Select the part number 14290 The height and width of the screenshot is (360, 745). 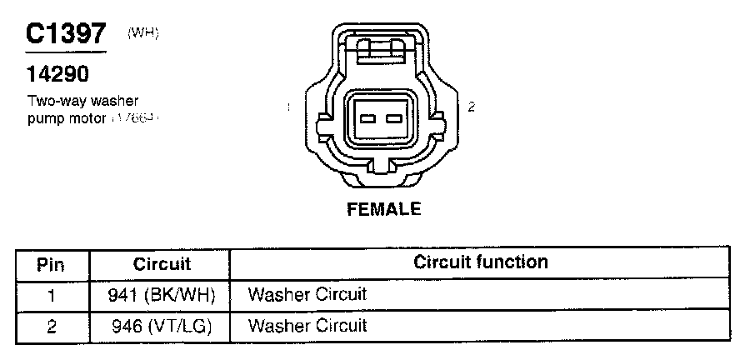pyautogui.click(x=57, y=76)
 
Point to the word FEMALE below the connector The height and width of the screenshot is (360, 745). pyautogui.click(x=383, y=208)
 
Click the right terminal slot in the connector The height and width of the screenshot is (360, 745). pyautogui.click(x=393, y=118)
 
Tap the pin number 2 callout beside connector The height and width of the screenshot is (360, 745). pyautogui.click(x=472, y=106)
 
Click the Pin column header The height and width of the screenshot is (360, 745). pyautogui.click(x=52, y=264)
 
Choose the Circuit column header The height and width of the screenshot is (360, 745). pyautogui.click(x=162, y=264)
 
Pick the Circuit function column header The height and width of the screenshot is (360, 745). pyautogui.click(x=481, y=262)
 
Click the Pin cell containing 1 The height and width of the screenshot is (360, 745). pyautogui.click(x=52, y=294)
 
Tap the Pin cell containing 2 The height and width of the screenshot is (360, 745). pyautogui.click(x=52, y=325)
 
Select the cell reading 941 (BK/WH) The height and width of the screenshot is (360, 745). pyautogui.click(x=162, y=294)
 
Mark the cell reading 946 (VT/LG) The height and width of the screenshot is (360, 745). pyautogui.click(x=162, y=325)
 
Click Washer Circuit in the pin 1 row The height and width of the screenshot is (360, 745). pyautogui.click(x=307, y=294)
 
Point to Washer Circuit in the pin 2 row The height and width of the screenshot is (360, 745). pyautogui.click(x=307, y=325)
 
